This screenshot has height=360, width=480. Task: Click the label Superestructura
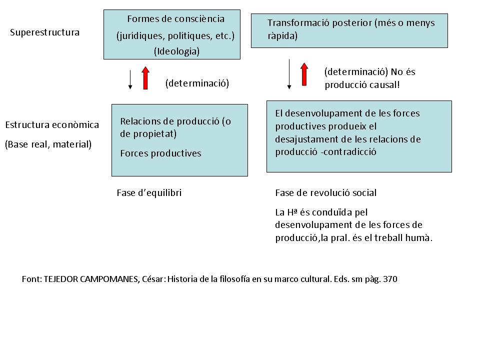pos(44,32)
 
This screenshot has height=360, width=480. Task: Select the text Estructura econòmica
pos(52,124)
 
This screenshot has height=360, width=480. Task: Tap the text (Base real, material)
pos(48,144)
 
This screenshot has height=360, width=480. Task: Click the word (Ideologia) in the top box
pos(176,51)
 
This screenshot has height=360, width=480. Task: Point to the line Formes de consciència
pos(175,19)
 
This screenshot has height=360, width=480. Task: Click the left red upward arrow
pos(145,77)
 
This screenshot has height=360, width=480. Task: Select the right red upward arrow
pos(304,74)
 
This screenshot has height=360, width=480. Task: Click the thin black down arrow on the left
pos(130,79)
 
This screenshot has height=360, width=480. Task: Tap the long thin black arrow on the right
pos(289,74)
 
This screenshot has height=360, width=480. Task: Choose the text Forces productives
pos(160,153)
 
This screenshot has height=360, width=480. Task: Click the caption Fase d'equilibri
pos(149,193)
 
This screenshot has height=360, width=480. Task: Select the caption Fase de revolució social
pos(325,193)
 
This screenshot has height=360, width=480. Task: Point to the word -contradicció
pos(347,151)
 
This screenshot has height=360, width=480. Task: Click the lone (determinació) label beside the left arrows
pos(197,83)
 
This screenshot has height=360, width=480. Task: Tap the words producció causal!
pos(362,84)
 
